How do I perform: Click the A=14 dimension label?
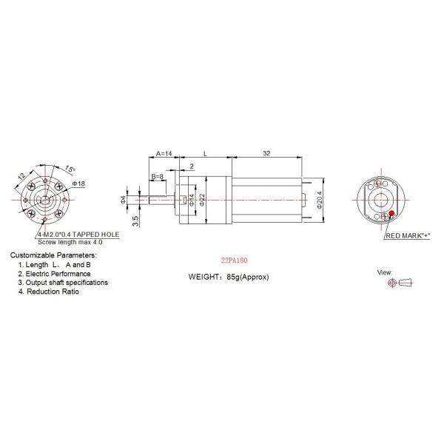click(x=164, y=155)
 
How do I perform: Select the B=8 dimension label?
click(x=158, y=176)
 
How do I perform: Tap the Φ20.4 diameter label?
click(x=319, y=200)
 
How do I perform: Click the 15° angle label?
click(x=68, y=168)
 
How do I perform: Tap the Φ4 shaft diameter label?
click(x=124, y=199)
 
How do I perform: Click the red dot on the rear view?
click(x=390, y=214)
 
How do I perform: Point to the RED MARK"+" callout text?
click(x=408, y=235)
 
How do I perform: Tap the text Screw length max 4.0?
click(x=70, y=242)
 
